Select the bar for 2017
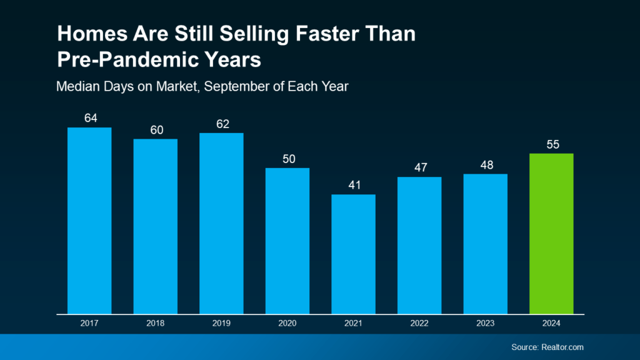(89, 220)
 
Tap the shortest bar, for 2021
(353, 254)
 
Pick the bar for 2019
(221, 223)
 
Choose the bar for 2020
(287, 241)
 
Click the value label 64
(90, 118)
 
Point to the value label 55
(551, 144)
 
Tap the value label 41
(353, 185)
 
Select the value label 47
(419, 167)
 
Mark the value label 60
(156, 129)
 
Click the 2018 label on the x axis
(156, 324)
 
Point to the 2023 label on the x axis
(485, 324)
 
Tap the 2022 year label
(419, 324)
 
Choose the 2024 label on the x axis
(551, 324)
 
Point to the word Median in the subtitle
(76, 86)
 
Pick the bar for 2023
(485, 244)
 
